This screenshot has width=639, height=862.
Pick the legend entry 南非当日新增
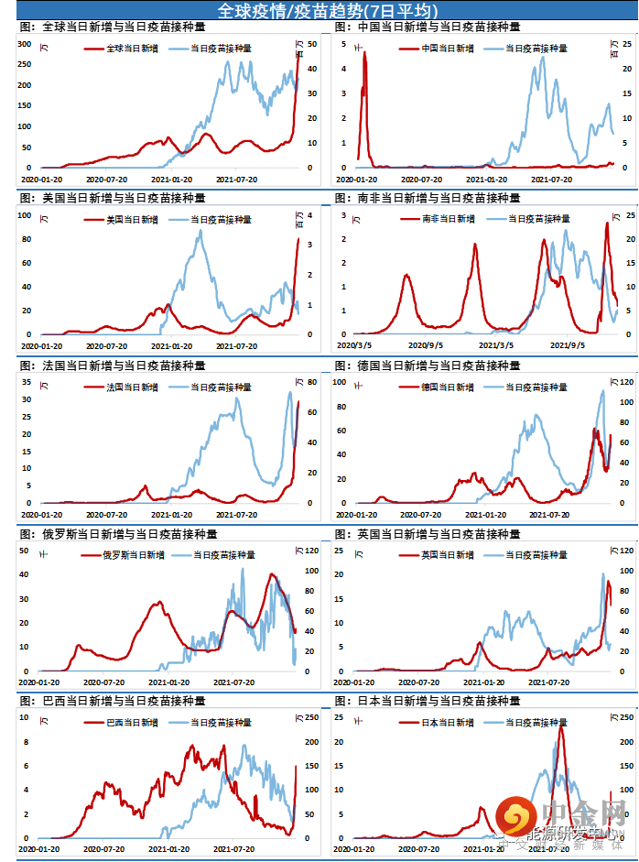[449, 219]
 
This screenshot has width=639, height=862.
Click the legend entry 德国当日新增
[448, 387]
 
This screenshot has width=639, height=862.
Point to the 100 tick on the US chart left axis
[27, 215]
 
